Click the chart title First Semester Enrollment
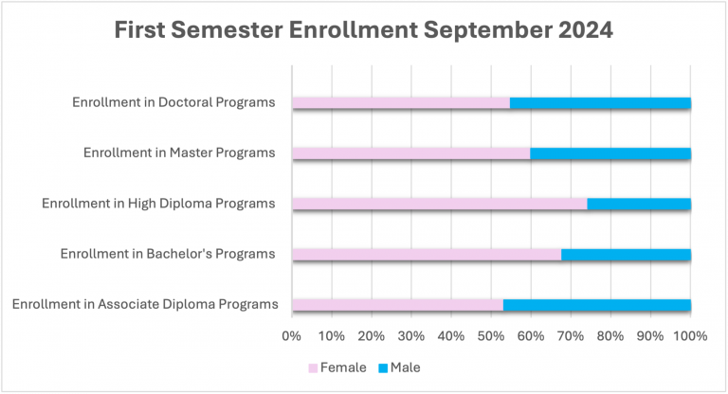(x=364, y=30)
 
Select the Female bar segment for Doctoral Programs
(x=401, y=102)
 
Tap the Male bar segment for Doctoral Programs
(x=600, y=102)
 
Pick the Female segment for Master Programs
(x=411, y=152)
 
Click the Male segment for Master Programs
(x=610, y=152)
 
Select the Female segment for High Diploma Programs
(x=440, y=204)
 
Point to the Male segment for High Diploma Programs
(x=639, y=204)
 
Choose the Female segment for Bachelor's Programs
(x=427, y=254)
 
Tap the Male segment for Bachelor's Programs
(x=626, y=254)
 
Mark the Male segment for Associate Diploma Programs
(x=597, y=304)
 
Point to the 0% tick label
(x=292, y=335)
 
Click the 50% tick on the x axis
(x=491, y=335)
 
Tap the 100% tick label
(x=689, y=335)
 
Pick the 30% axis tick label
(x=411, y=335)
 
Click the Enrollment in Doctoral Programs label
(x=173, y=102)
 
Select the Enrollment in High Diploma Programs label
(x=158, y=204)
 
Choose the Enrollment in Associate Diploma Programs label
(x=145, y=304)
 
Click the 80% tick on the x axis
(x=610, y=335)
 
